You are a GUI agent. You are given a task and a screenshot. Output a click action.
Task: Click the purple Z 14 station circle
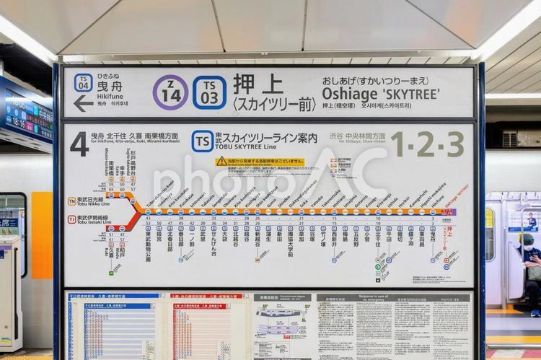[x=170, y=92]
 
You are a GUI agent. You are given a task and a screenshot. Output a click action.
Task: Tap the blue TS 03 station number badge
[x=209, y=92]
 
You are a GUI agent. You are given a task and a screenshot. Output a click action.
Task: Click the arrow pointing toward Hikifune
[x=84, y=104]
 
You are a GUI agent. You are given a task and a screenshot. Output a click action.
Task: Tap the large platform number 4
[x=79, y=144]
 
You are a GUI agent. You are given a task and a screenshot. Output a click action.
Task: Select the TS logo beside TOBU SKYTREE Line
[x=202, y=141]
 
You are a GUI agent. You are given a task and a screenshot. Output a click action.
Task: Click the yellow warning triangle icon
[x=221, y=161]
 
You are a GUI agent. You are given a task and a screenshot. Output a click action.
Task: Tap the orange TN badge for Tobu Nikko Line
[x=72, y=201]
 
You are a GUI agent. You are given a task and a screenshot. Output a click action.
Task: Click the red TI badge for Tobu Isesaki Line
[x=72, y=219]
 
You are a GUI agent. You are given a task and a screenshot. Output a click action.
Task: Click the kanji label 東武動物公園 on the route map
[x=148, y=245]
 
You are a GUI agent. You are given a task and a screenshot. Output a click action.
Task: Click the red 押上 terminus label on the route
[x=449, y=235]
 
